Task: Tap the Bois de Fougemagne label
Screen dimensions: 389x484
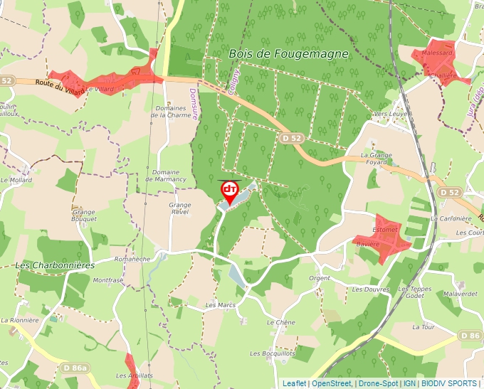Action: click(x=289, y=53)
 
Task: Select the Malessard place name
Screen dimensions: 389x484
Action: click(x=437, y=53)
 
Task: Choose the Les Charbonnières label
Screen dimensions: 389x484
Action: click(x=55, y=265)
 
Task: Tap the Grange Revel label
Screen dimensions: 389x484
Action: click(x=180, y=208)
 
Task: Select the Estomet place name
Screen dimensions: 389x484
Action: click(x=384, y=230)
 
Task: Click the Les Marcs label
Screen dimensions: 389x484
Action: click(x=220, y=305)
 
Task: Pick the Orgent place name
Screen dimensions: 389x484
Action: click(x=320, y=278)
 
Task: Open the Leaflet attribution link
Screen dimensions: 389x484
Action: click(x=294, y=383)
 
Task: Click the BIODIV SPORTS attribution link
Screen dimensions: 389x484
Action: click(x=449, y=383)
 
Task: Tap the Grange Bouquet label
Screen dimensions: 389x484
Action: click(x=84, y=215)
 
